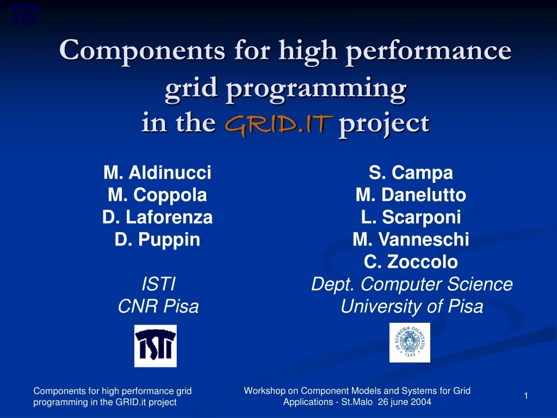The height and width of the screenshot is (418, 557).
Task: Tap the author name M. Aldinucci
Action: pos(157,173)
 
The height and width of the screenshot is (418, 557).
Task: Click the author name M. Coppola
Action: pos(157,195)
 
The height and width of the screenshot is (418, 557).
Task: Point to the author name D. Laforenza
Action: pos(157,217)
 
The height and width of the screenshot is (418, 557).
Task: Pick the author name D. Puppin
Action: pos(157,239)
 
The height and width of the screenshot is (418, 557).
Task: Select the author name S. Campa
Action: pos(411,173)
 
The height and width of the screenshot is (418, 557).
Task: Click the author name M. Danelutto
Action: pos(411,195)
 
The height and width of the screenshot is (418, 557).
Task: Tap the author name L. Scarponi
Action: pos(411,217)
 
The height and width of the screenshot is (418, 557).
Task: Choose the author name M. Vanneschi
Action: pos(411,239)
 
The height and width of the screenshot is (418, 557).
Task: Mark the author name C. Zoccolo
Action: pos(411,262)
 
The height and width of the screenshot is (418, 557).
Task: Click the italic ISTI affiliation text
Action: pos(158,284)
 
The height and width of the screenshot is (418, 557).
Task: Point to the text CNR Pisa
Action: pos(158,307)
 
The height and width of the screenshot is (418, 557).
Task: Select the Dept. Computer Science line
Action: pos(411,284)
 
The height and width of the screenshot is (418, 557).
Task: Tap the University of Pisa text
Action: pos(411,307)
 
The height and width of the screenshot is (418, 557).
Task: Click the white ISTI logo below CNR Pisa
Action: pos(156,346)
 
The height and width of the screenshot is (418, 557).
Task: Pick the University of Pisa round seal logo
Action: pos(410,342)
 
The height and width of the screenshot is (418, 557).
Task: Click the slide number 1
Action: pos(526,396)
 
